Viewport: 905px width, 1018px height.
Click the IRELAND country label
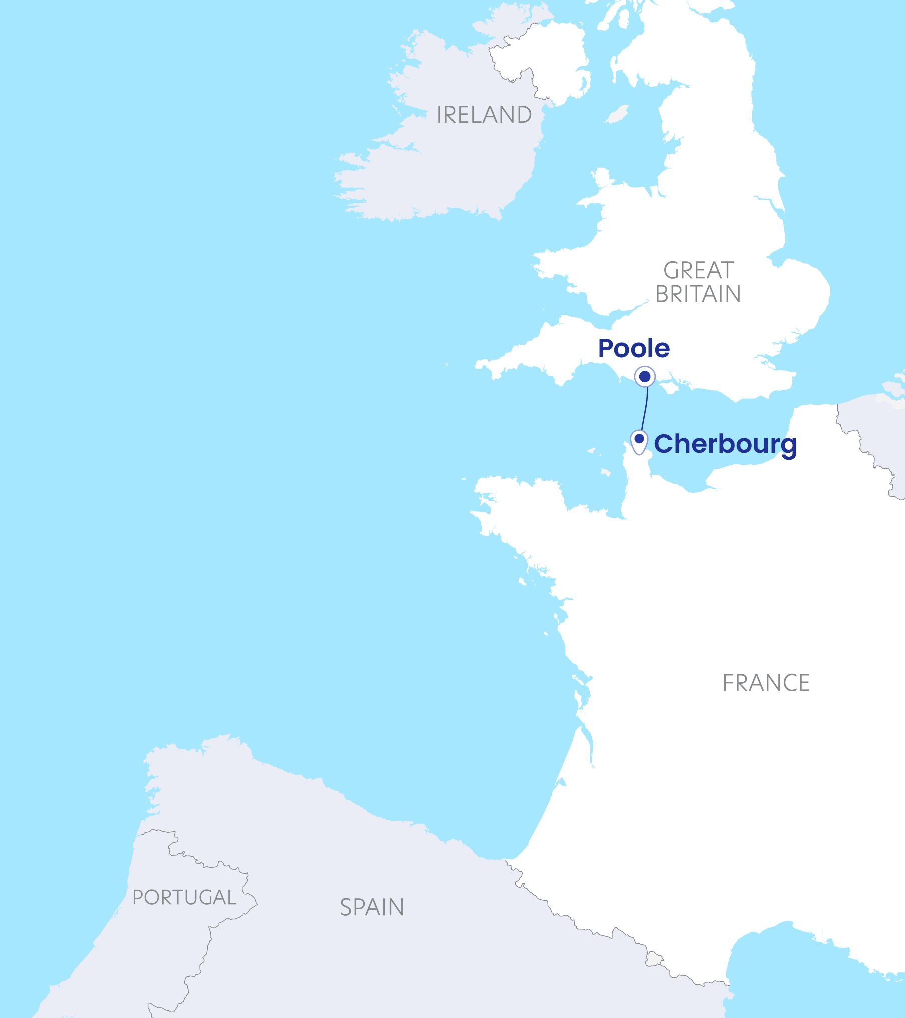[x=484, y=115]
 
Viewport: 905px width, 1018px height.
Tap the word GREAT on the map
[x=699, y=271]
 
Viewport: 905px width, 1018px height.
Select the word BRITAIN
[x=698, y=294]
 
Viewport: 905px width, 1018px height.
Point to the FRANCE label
[x=766, y=683]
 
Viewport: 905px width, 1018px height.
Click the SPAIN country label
[x=372, y=907]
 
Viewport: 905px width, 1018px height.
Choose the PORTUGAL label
[x=184, y=897]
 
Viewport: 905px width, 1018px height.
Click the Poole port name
[x=634, y=348]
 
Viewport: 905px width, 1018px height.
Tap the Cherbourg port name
[x=725, y=444]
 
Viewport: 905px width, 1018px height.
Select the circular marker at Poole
[x=645, y=376]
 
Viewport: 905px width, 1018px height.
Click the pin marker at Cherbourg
[x=639, y=441]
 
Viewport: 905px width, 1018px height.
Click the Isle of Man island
[x=617, y=114]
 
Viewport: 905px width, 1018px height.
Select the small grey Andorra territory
[x=653, y=959]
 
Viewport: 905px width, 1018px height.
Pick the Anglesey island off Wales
[x=601, y=178]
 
